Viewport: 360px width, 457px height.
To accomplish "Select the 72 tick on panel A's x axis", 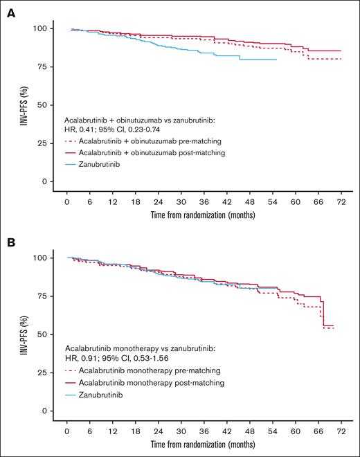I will coord(340,201).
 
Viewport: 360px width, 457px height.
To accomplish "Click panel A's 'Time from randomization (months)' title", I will coord(203,215).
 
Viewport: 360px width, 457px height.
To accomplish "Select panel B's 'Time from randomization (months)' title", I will coord(203,445).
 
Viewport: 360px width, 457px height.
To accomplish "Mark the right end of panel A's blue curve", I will coord(277,60).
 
